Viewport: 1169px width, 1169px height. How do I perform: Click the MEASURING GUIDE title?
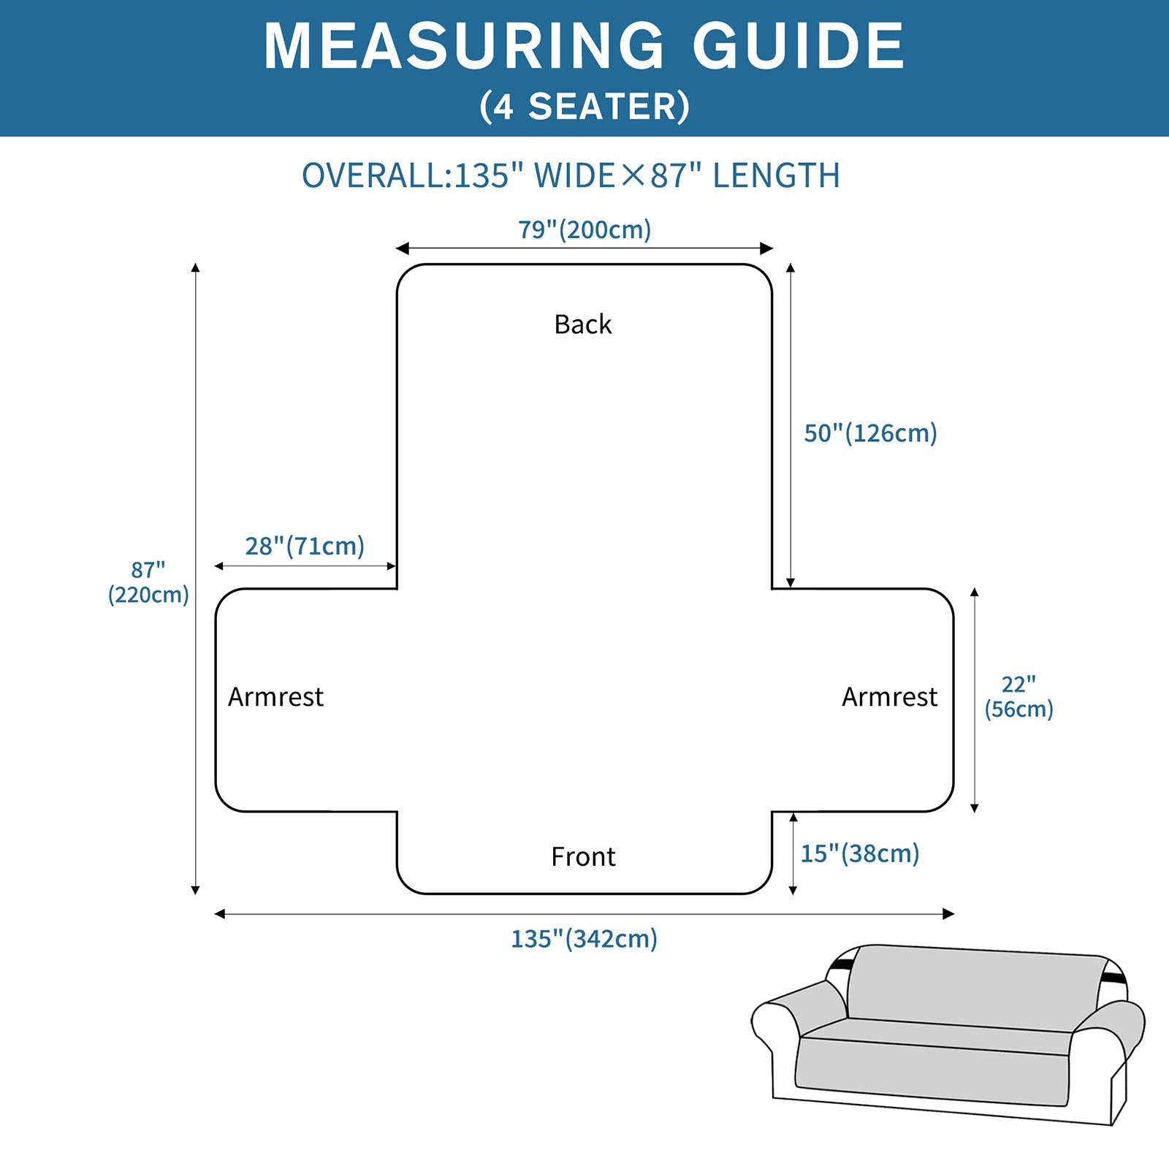tap(584, 46)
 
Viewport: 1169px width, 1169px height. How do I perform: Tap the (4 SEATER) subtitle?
tap(584, 107)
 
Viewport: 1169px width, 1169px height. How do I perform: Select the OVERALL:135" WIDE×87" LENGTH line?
tap(571, 176)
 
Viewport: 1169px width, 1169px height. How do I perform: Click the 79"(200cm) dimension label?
tap(584, 229)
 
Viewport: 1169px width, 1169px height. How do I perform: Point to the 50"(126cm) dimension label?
tap(870, 433)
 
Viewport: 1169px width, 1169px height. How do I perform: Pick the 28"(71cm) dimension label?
tap(305, 546)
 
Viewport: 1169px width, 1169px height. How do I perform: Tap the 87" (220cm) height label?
tap(148, 582)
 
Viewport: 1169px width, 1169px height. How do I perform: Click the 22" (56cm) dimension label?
tap(1018, 697)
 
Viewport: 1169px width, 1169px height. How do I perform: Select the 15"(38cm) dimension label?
tap(860, 853)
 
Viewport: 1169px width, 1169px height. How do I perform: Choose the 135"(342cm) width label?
tap(584, 939)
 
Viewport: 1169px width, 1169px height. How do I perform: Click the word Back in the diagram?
tap(582, 324)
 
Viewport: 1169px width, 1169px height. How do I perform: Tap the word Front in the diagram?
tap(583, 856)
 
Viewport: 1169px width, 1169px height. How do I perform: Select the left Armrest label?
tap(275, 697)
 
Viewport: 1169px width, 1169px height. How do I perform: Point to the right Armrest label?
tap(889, 697)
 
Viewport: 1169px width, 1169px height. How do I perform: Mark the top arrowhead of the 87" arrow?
tap(195, 268)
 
